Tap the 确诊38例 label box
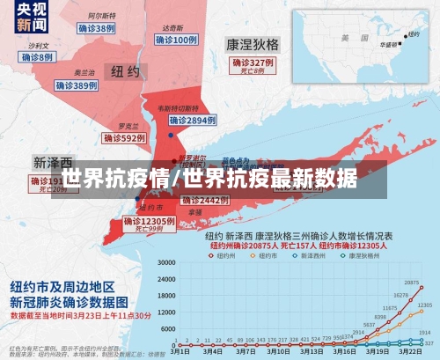coord(97,28)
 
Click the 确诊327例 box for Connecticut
coord(253,64)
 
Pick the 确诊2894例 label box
coord(192,120)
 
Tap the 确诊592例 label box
coord(123,138)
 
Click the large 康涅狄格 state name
coord(253,43)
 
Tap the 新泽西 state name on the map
coord(53,163)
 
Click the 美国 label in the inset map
coord(346,37)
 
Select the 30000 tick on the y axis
coord(164,262)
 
